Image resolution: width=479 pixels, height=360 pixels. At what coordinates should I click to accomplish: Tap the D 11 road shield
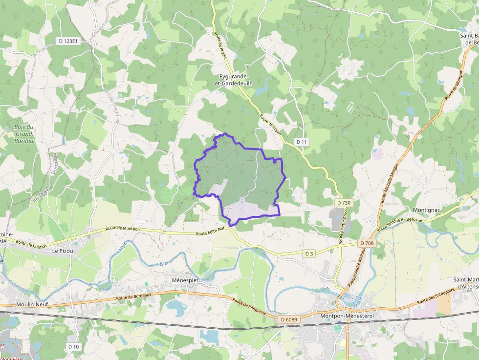(x=302, y=142)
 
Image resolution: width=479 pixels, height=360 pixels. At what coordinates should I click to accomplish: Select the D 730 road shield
(x=344, y=203)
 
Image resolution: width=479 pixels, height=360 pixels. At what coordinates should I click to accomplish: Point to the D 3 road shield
(x=308, y=254)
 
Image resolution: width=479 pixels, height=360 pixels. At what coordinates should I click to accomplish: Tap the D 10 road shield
(x=73, y=346)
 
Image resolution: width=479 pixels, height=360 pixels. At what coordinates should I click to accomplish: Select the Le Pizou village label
(x=62, y=251)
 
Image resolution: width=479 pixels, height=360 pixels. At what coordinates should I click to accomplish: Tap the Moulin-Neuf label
(x=31, y=304)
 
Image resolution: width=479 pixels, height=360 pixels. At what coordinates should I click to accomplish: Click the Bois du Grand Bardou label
(x=23, y=134)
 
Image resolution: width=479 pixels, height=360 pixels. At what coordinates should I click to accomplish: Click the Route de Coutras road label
(x=31, y=243)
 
